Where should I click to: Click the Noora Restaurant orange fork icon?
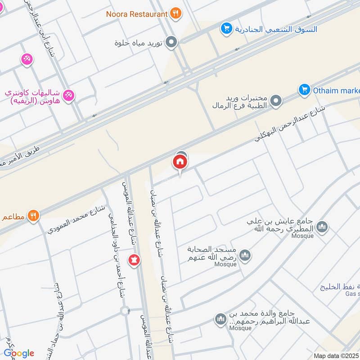pos(176,13)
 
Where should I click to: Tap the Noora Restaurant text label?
pos(136,14)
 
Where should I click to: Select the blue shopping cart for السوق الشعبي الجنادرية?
pos(226,29)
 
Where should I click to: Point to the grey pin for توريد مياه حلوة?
pos(171,43)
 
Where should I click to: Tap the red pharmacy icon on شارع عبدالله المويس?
pos(134,260)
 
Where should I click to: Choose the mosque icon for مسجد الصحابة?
pos(244,256)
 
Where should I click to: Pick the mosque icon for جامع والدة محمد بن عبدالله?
pos(220,319)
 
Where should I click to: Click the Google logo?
pos(19,353)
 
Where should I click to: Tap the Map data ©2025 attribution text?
pos(336,355)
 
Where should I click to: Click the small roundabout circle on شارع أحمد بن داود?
pos(125,310)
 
